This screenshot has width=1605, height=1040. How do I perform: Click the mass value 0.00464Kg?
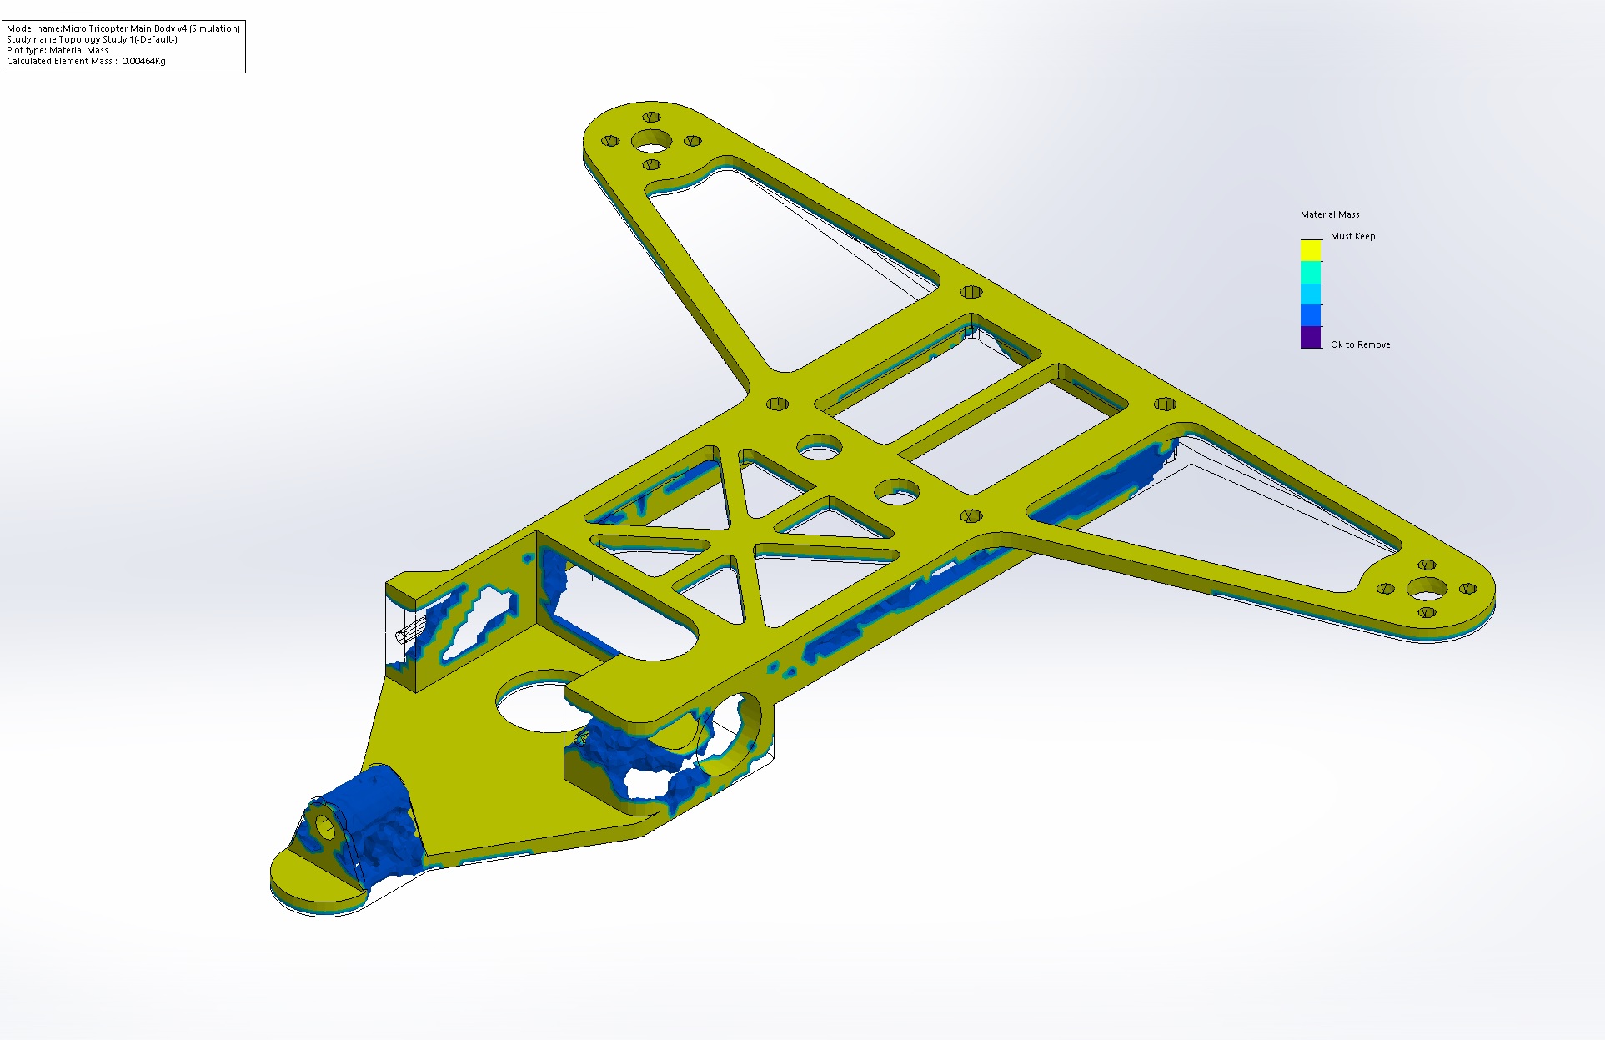coord(143,61)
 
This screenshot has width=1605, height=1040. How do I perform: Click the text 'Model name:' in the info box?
coord(34,28)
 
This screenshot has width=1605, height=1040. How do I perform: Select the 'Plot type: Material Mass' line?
coord(58,50)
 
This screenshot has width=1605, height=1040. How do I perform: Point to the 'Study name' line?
coord(92,39)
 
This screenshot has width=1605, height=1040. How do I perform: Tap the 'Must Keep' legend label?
coord(1352,236)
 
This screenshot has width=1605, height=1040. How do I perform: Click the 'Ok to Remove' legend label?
coord(1360,344)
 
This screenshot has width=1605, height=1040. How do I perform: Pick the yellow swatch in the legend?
coord(1311,250)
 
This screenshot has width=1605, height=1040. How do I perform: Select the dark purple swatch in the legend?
coord(1311,337)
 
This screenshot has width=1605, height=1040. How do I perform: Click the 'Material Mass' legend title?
coord(1330,214)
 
